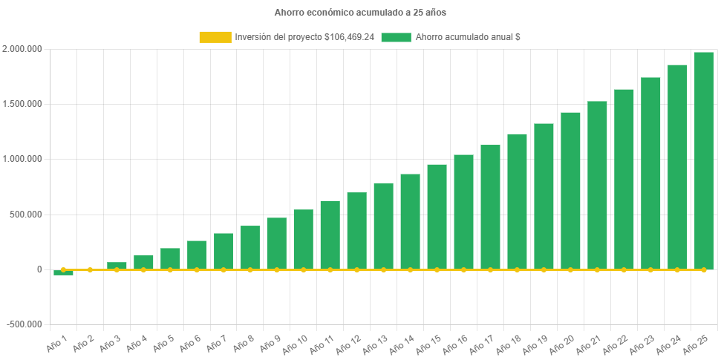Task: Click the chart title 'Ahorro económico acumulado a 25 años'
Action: point(360,13)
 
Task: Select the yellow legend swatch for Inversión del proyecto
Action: point(215,36)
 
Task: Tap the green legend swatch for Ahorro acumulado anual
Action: point(396,36)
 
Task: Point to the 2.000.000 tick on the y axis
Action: point(22,49)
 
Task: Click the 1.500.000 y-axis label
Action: point(22,104)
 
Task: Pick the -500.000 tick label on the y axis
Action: point(24,324)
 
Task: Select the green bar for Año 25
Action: point(704,160)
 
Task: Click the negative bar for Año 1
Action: point(63,272)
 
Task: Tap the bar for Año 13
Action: point(383,226)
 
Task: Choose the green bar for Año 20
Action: point(570,191)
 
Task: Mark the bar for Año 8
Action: point(250,247)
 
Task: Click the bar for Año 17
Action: point(490,207)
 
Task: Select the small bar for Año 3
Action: point(117,266)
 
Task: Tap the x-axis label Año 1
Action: point(57,343)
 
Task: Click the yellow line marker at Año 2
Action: point(90,269)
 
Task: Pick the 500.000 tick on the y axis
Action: point(27,215)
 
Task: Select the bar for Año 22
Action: point(624,179)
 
